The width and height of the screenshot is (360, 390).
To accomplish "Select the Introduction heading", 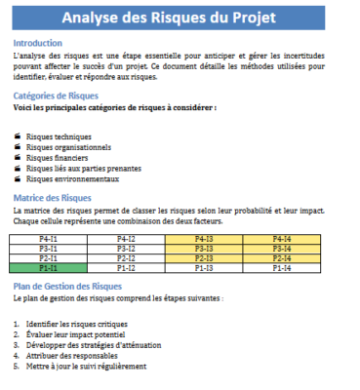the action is (37, 43).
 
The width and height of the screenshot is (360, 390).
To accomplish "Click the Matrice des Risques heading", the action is (52, 198).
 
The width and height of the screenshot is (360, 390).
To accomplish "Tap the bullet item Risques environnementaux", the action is (72, 178).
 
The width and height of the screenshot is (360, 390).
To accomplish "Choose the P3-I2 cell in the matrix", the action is (126, 248).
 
